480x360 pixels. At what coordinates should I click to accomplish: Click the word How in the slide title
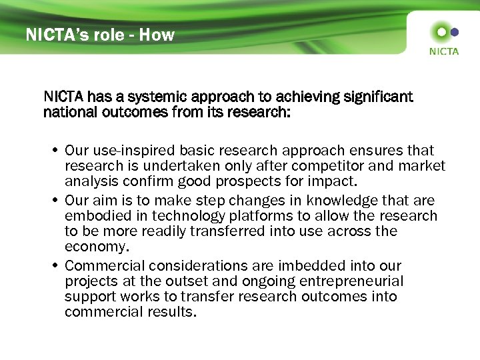pos(157,35)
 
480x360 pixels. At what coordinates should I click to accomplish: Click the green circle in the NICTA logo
pos(441,32)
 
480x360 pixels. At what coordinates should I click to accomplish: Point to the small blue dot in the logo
pos(455,31)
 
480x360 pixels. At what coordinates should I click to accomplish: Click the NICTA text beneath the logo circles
pos(444,51)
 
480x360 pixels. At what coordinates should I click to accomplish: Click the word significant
pos(378,97)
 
